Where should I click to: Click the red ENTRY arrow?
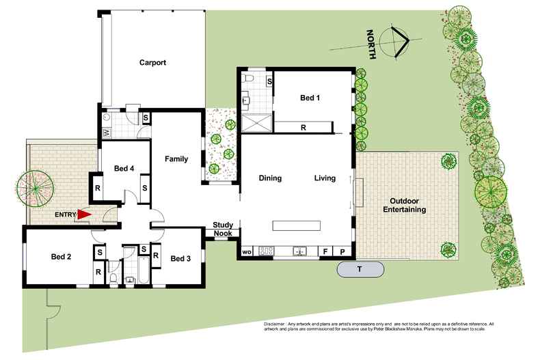(83, 215)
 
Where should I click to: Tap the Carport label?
(153, 63)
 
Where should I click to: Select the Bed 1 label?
(310, 98)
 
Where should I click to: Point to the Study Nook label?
(223, 229)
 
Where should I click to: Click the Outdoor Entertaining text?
(407, 206)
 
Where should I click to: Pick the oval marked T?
(360, 269)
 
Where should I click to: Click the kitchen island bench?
(296, 225)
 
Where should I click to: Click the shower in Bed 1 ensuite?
(256, 124)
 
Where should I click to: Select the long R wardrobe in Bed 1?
(303, 127)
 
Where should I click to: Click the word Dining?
(270, 178)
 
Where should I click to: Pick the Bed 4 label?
(124, 169)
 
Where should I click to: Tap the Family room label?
(176, 159)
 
